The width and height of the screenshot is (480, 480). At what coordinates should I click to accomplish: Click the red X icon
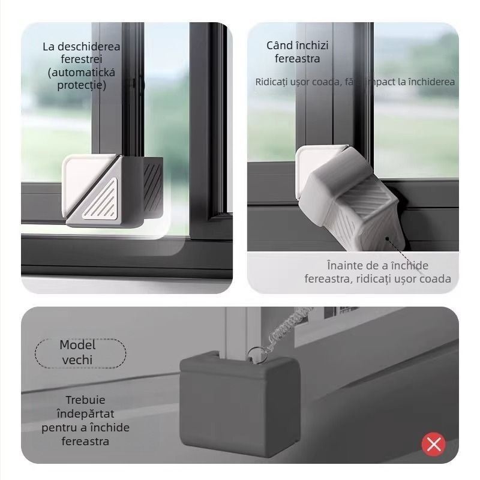click(x=434, y=444)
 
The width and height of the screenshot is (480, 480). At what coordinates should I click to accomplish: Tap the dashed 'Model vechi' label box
click(x=80, y=352)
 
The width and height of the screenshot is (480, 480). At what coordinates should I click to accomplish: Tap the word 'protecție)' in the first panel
click(x=82, y=85)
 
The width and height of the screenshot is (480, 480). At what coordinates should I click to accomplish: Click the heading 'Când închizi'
click(x=298, y=46)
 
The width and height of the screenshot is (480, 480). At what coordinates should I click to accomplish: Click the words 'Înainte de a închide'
click(x=377, y=266)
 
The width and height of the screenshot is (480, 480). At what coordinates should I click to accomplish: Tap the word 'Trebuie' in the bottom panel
click(x=85, y=400)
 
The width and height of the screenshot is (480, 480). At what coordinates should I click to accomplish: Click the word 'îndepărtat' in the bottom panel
click(x=85, y=413)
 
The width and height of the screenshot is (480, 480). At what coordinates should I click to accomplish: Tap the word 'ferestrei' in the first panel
click(x=82, y=59)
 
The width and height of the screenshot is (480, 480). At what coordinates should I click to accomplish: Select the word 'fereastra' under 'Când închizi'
click(x=298, y=59)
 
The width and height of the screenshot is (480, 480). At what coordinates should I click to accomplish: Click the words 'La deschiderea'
click(x=82, y=46)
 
